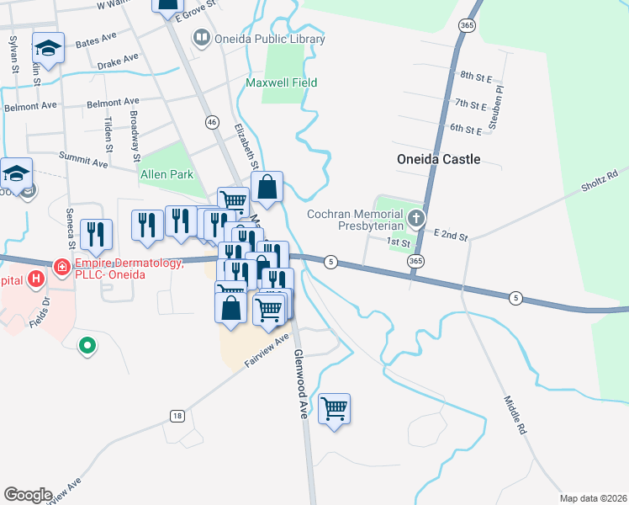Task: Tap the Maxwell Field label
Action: [282, 83]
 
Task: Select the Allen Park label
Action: [166, 174]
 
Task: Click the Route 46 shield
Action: [212, 122]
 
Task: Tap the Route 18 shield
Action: [177, 416]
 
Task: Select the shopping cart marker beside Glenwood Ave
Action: [334, 409]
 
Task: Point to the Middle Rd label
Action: [515, 415]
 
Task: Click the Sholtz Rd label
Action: [599, 180]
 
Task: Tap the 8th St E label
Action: [476, 77]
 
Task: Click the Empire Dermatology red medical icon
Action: [61, 268]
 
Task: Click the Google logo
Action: [28, 495]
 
